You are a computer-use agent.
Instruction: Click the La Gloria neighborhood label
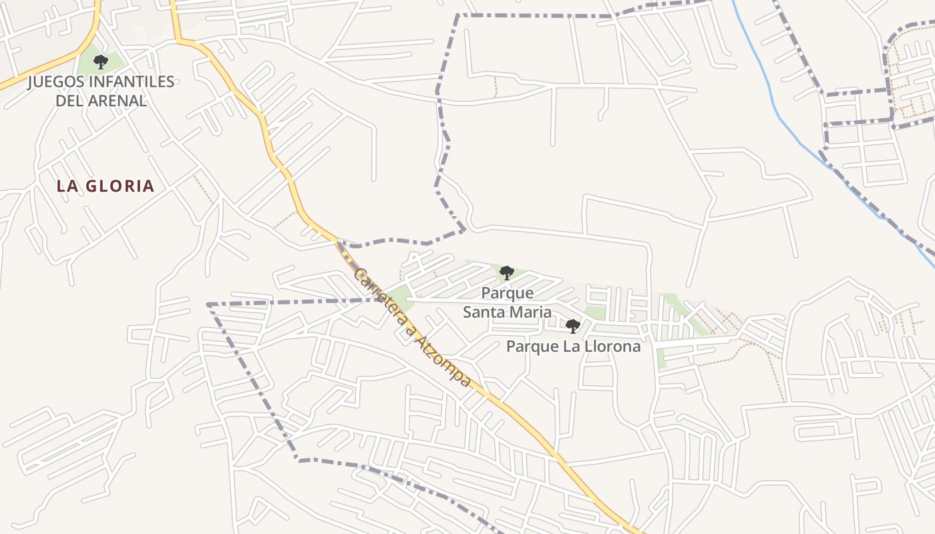click(106, 186)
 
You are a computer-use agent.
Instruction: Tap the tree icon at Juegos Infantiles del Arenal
click(101, 63)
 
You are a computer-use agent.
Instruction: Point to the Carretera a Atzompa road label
click(412, 327)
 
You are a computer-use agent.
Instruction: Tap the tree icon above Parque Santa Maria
click(507, 272)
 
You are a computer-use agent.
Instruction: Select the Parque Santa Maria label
click(508, 302)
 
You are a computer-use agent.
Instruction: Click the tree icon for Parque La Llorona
click(572, 326)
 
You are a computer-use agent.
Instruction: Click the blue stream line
click(775, 107)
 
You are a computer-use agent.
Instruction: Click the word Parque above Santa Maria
click(508, 293)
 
